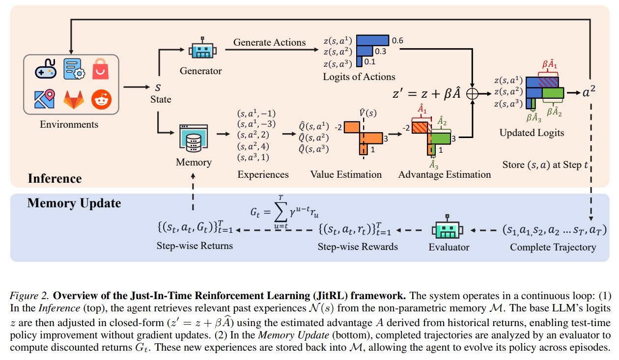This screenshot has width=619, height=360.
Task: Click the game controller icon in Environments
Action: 46,69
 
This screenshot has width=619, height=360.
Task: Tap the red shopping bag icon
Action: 100,69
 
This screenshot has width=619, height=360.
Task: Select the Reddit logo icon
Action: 101,99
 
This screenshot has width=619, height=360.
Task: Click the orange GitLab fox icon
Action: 74,100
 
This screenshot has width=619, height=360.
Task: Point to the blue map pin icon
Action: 45,99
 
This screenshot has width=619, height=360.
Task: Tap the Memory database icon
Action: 194,138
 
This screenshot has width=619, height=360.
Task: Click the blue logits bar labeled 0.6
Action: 372,40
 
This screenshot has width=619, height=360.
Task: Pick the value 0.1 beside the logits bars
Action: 370,61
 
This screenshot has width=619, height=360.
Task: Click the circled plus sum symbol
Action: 472,94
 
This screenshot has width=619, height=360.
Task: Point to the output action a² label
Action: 589,92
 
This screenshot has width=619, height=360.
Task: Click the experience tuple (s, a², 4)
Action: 253,146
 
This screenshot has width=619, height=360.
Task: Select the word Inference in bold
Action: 55,178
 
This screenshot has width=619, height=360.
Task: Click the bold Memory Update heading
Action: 74,203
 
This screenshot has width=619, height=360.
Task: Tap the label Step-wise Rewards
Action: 358,247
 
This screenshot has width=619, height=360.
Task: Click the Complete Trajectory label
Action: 553,247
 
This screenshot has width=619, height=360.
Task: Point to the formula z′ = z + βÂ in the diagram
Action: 426,94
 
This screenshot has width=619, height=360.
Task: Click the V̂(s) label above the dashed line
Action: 368,113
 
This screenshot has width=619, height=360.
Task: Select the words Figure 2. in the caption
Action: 29,296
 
